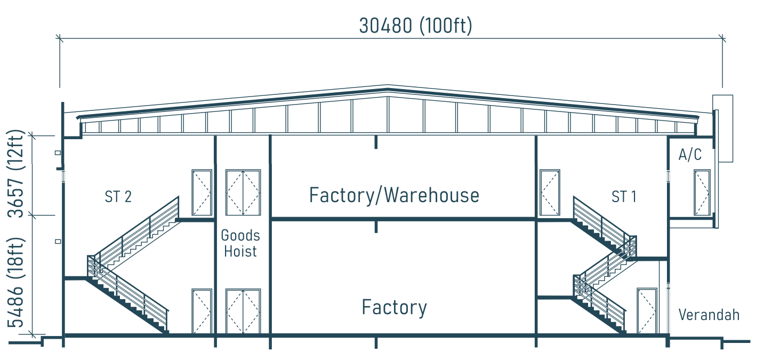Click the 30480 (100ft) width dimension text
click(x=415, y=26)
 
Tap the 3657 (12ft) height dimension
click(x=15, y=174)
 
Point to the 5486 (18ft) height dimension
click(x=15, y=282)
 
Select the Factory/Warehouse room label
click(x=394, y=195)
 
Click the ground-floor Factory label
click(x=394, y=307)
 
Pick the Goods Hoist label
click(x=240, y=243)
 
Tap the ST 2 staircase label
click(x=118, y=197)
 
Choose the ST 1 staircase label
click(x=624, y=197)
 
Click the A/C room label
click(x=690, y=155)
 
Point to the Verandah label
click(x=709, y=315)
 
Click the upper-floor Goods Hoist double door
click(x=243, y=193)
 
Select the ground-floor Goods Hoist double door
click(x=243, y=311)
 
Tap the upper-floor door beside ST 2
click(x=202, y=193)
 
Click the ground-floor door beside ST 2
click(x=202, y=311)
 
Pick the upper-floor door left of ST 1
click(x=550, y=193)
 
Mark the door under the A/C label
click(x=702, y=193)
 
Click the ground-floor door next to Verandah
click(x=647, y=311)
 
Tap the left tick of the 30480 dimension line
click(x=60, y=38)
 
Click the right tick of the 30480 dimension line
click(x=722, y=38)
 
